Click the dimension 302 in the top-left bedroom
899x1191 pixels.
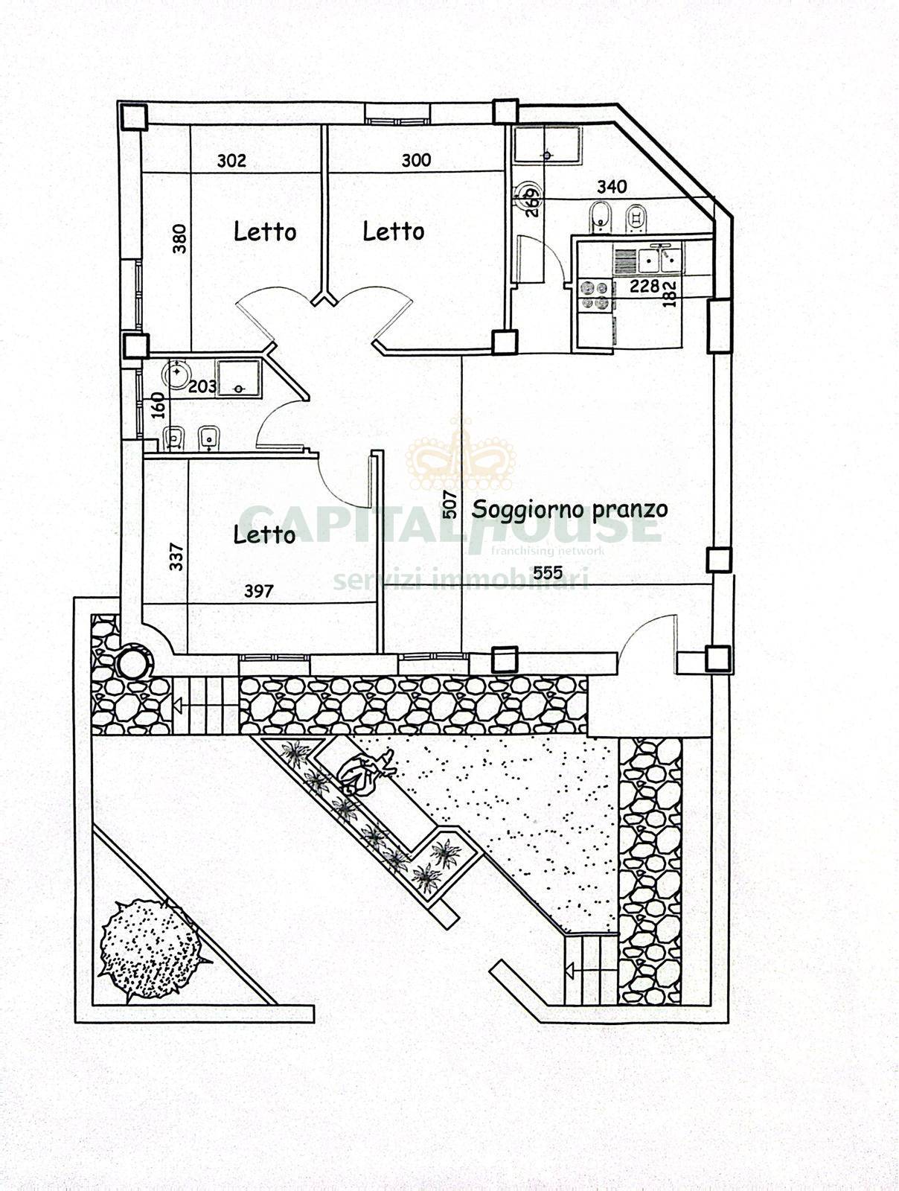point(231,161)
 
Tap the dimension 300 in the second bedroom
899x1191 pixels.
point(417,160)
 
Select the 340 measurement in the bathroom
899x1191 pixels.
point(612,187)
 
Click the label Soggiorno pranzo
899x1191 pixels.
point(569,509)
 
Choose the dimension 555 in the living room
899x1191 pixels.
point(548,572)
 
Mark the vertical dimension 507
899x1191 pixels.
point(450,505)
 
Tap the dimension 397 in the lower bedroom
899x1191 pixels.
point(259,591)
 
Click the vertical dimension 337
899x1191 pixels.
point(177,557)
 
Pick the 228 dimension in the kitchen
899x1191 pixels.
point(644,286)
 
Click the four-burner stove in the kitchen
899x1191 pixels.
point(595,296)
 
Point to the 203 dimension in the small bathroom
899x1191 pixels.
point(202,387)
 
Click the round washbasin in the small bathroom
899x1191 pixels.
point(175,374)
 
